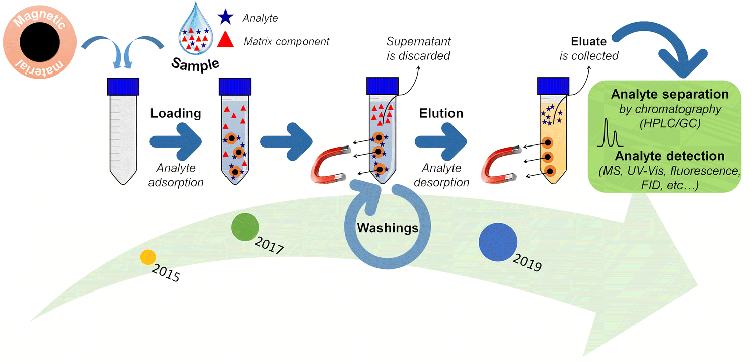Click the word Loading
(176, 113)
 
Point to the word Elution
(441, 113)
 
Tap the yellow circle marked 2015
(147, 257)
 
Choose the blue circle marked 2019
(498, 242)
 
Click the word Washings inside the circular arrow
(388, 228)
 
